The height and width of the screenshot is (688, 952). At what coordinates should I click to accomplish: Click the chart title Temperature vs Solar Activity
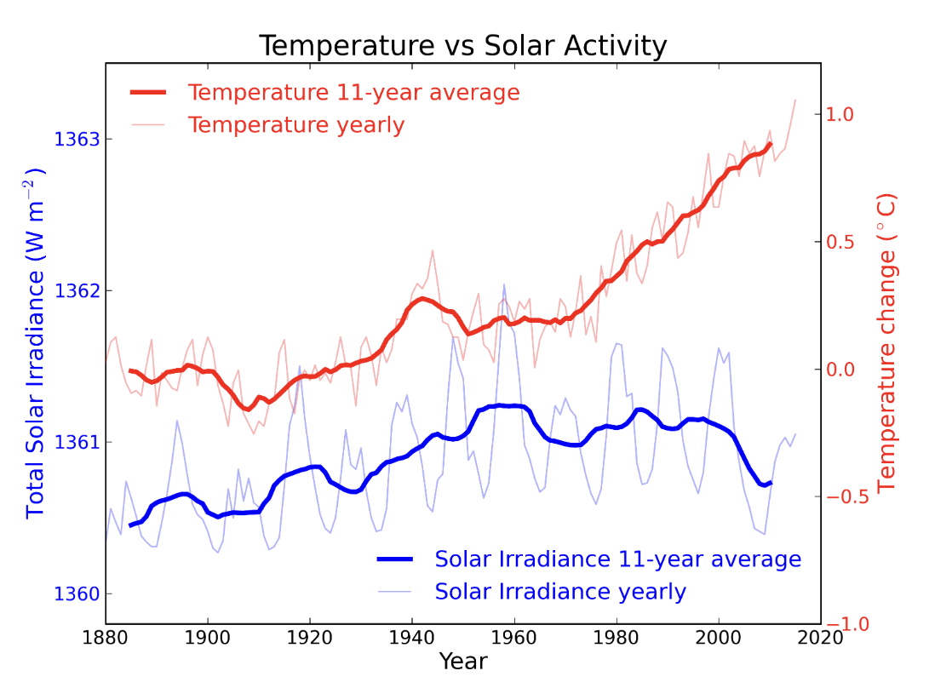[x=462, y=46]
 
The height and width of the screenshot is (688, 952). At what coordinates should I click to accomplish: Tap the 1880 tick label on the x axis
[x=106, y=639]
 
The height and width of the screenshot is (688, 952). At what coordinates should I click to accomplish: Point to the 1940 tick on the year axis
[x=412, y=639]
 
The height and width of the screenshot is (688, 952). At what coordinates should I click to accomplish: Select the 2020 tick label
[x=821, y=639]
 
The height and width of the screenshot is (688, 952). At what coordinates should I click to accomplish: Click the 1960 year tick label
[x=514, y=639]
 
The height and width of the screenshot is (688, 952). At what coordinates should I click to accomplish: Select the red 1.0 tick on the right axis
[x=840, y=114]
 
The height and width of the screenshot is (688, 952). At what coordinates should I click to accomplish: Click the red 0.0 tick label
[x=840, y=370]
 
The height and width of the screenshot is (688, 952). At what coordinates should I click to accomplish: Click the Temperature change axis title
[x=887, y=342]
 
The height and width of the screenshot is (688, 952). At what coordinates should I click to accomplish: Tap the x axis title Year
[x=463, y=662]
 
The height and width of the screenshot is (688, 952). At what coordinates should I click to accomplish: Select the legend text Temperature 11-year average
[x=353, y=92]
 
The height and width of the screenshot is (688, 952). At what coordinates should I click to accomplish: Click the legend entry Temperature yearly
[x=295, y=125]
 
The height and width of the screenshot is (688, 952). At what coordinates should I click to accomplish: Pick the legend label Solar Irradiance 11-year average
[x=617, y=559]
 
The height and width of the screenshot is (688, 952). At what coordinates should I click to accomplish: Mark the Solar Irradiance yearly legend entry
[x=559, y=592]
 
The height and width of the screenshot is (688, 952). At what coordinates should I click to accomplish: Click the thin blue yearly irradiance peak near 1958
[x=504, y=284]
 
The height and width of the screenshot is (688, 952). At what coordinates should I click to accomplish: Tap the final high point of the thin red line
[x=795, y=100]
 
